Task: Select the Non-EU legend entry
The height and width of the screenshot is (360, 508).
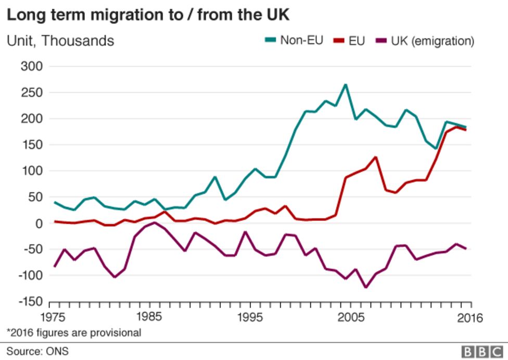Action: click(294, 40)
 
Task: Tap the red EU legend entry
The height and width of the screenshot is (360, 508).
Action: click(350, 40)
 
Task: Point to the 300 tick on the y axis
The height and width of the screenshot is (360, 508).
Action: click(31, 66)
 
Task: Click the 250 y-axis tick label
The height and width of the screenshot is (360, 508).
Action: click(31, 92)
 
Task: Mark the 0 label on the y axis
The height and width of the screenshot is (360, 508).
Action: click(37, 223)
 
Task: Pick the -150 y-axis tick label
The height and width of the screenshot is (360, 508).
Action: click(28, 302)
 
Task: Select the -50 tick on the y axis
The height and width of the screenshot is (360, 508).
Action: click(31, 250)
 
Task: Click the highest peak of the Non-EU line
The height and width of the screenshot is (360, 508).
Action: click(345, 84)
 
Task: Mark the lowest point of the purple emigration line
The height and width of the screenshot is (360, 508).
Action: click(365, 287)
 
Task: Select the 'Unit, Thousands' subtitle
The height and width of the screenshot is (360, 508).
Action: click(60, 41)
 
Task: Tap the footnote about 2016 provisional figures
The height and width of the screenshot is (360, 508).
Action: click(73, 332)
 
